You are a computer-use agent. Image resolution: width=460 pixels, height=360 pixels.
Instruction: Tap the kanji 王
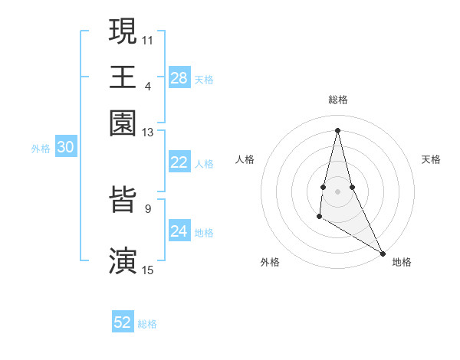pyautogui.click(x=123, y=77)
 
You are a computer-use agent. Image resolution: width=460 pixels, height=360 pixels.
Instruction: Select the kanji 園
pyautogui.click(x=123, y=123)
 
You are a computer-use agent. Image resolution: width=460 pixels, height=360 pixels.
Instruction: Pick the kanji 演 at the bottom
pyautogui.click(x=123, y=260)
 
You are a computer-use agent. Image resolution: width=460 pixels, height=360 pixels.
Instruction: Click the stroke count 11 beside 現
pyautogui.click(x=148, y=38)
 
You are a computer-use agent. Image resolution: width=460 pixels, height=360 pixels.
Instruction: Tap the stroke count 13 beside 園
pyautogui.click(x=148, y=133)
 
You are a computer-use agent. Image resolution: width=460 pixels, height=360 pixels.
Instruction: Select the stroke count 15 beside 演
pyautogui.click(x=148, y=270)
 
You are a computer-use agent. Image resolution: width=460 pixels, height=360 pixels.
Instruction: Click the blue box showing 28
pyautogui.click(x=179, y=78)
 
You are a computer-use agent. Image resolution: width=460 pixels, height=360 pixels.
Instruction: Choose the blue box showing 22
pyautogui.click(x=179, y=162)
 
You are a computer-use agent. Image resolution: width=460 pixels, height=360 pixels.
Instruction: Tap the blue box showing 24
pyautogui.click(x=179, y=231)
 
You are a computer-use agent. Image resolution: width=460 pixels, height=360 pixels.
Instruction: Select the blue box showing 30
pyautogui.click(x=65, y=148)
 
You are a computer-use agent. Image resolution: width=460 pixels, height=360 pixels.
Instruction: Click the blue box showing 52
pyautogui.click(x=123, y=322)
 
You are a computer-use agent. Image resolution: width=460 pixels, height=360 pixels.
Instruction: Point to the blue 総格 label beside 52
pyautogui.click(x=147, y=324)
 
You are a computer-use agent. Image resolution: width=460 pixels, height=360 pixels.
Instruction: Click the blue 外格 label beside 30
pyautogui.click(x=41, y=149)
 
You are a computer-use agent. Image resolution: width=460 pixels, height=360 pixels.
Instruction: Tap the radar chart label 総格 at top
pyautogui.click(x=338, y=100)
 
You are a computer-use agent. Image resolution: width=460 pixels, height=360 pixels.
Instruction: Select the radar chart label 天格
pyautogui.click(x=432, y=159)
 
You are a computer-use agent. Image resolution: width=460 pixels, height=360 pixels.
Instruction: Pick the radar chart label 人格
pyautogui.click(x=245, y=159)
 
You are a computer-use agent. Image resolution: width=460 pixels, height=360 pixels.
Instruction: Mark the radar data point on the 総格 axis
pyautogui.click(x=338, y=129)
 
